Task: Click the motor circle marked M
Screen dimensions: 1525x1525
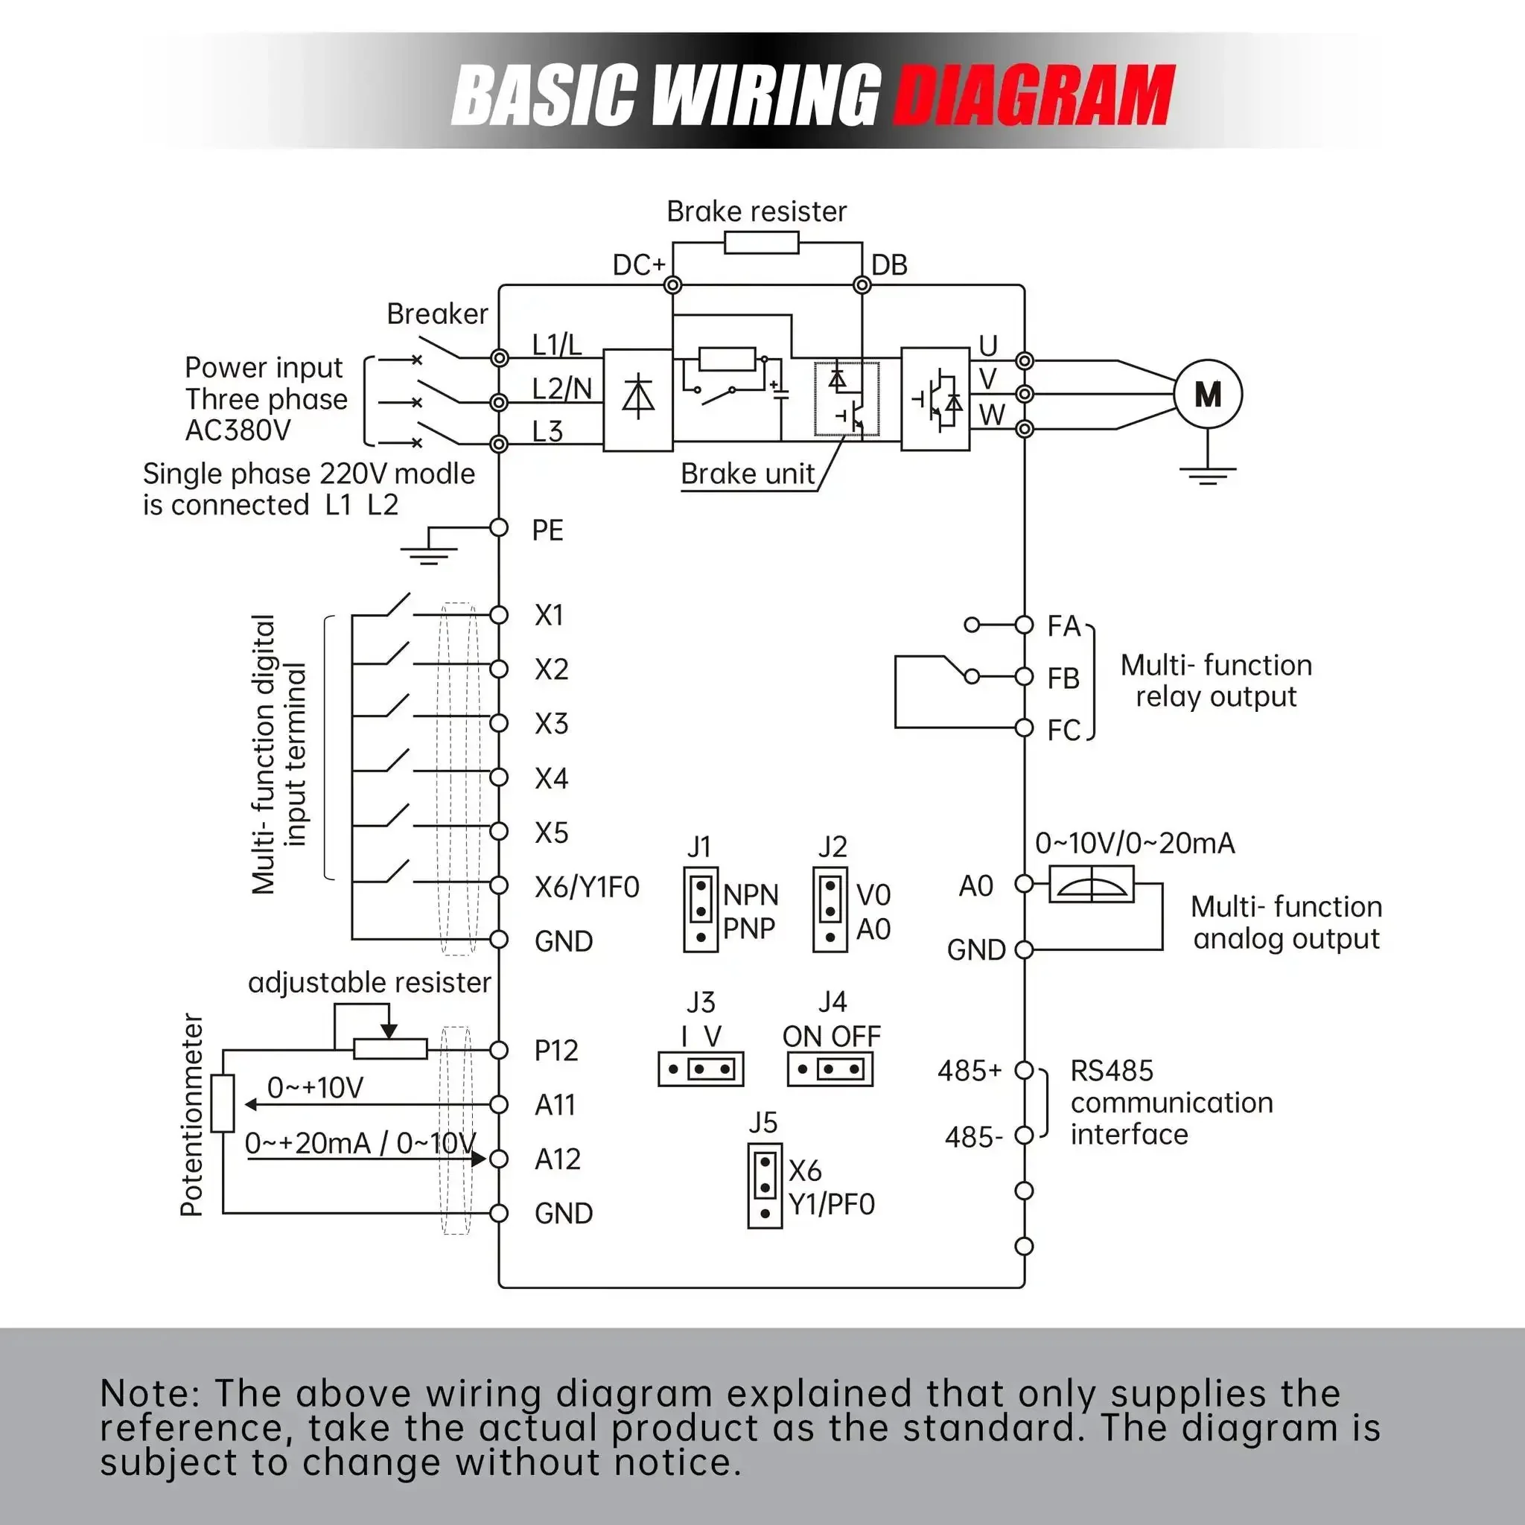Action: (x=1208, y=394)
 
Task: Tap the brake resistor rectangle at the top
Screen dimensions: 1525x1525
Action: (x=761, y=242)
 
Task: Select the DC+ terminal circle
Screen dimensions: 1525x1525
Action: (x=672, y=285)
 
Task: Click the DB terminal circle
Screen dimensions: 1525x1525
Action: (x=862, y=285)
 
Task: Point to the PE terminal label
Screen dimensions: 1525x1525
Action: (x=548, y=530)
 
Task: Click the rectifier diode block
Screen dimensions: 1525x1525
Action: (x=638, y=400)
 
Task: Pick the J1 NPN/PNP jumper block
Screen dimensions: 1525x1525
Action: (x=701, y=909)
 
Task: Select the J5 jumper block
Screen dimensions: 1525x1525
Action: (x=765, y=1185)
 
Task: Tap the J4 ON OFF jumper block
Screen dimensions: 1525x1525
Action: (x=830, y=1069)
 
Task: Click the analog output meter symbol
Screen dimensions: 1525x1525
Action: (x=1092, y=884)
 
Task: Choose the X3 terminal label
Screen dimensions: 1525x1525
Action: (x=551, y=724)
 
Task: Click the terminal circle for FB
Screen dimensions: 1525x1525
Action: (x=1024, y=676)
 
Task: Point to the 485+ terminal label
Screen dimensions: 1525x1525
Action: (x=970, y=1070)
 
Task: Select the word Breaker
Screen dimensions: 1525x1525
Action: (x=437, y=314)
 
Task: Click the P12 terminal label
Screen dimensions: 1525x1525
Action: (x=556, y=1051)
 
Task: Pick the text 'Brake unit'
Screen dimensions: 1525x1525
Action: (x=748, y=474)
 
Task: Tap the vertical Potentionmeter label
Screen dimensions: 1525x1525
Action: (x=192, y=1115)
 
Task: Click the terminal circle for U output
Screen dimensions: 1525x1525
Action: (x=1024, y=360)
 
